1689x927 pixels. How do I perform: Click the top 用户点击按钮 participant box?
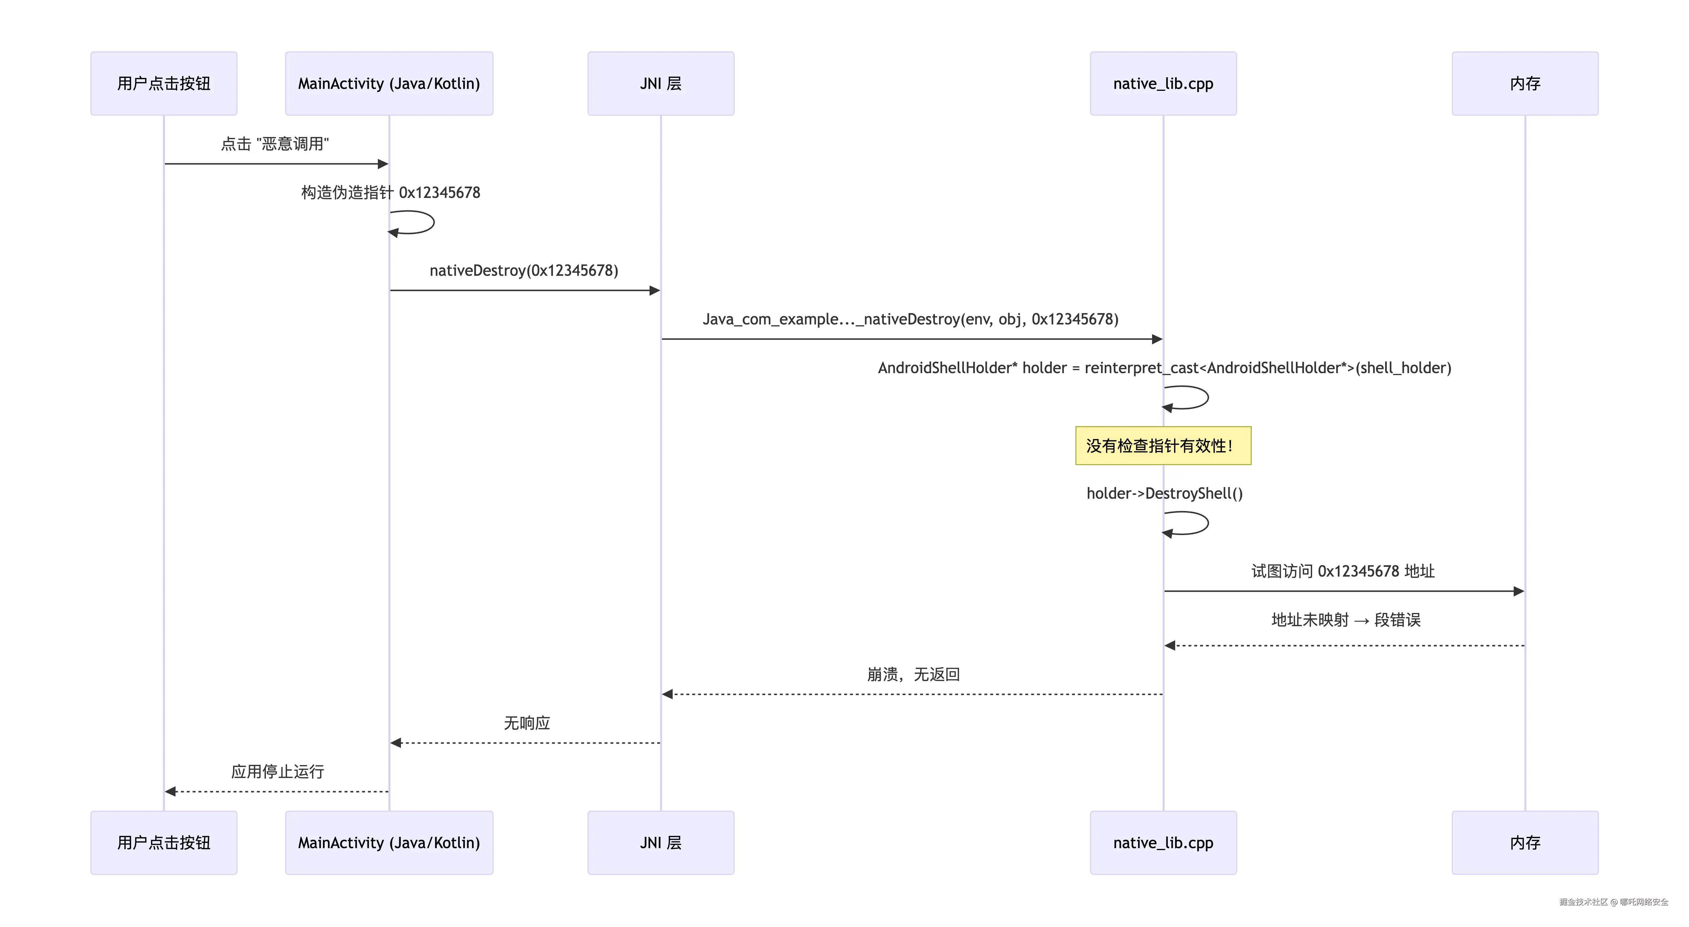tap(163, 83)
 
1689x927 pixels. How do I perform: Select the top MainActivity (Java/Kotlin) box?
tap(389, 83)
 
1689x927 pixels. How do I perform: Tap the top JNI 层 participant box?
tap(660, 83)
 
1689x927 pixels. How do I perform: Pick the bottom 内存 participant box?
tap(1524, 842)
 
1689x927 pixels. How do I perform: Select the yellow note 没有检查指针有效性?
tap(1162, 446)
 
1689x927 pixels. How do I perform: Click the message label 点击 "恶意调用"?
tap(275, 143)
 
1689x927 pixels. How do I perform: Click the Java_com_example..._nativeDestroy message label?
tap(910, 319)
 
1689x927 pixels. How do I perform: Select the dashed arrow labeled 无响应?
tap(525, 743)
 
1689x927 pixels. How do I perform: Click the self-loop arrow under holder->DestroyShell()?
tap(1193, 523)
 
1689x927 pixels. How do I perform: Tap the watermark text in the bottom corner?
tap(1613, 902)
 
